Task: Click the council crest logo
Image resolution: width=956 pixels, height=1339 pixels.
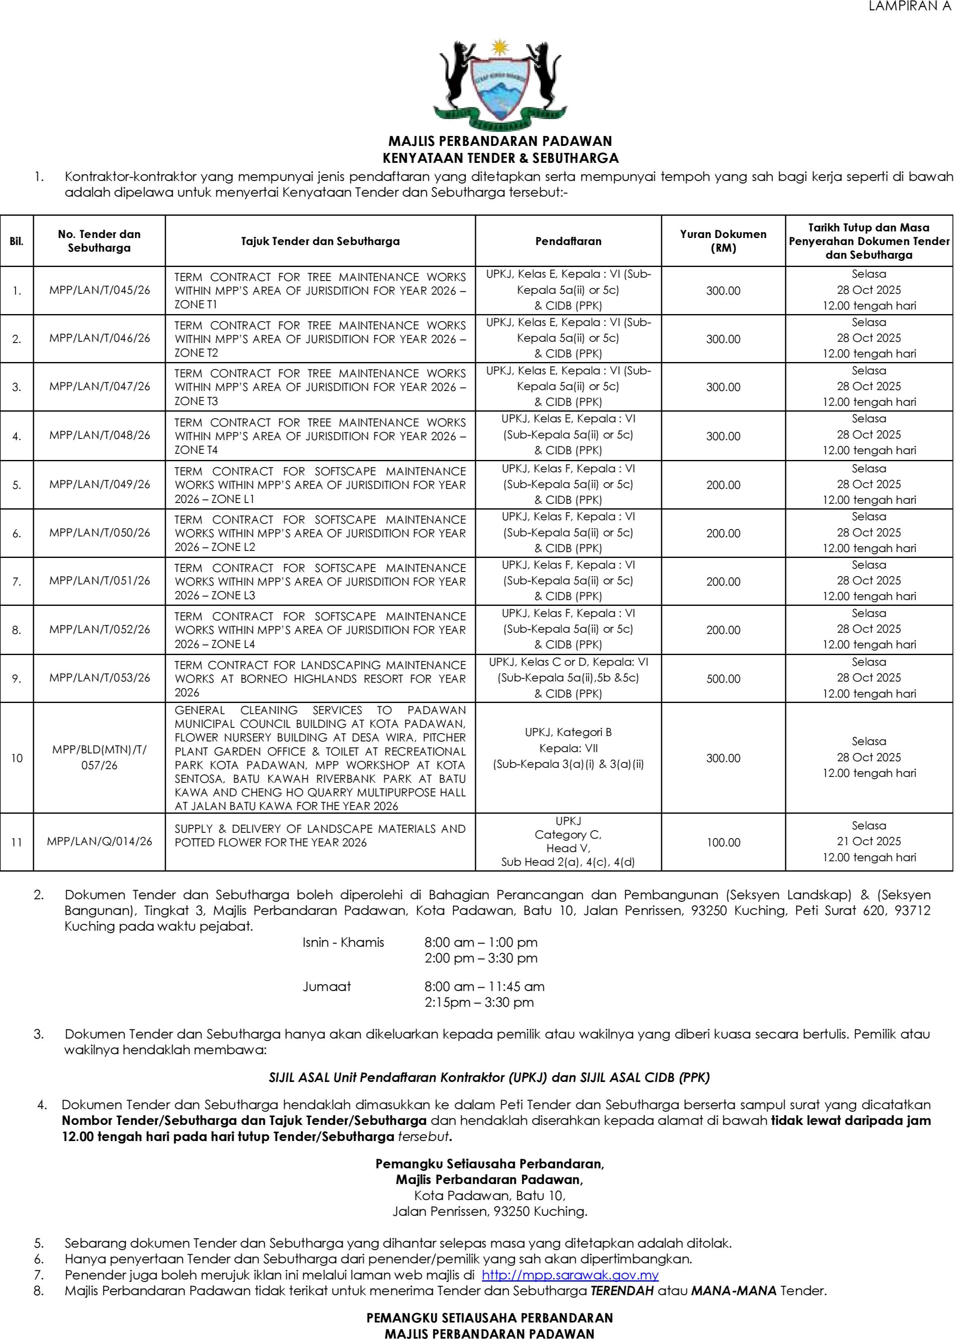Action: (500, 85)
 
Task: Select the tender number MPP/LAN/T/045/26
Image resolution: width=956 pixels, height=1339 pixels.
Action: (100, 290)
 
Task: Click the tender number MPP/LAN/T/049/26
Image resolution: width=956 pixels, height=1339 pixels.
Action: (100, 484)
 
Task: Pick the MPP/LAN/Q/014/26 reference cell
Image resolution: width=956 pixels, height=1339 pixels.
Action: (100, 842)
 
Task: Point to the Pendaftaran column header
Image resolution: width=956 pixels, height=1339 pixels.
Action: (568, 241)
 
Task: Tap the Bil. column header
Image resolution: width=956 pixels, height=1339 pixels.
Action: (17, 241)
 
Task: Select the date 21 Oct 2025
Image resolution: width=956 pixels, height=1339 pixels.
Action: (869, 841)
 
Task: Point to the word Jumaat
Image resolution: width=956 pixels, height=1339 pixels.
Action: (327, 986)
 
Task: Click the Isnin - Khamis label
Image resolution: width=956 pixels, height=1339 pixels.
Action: (343, 943)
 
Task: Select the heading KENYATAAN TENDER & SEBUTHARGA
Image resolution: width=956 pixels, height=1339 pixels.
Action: (500, 158)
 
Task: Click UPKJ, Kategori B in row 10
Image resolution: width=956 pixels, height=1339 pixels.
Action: (568, 732)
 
